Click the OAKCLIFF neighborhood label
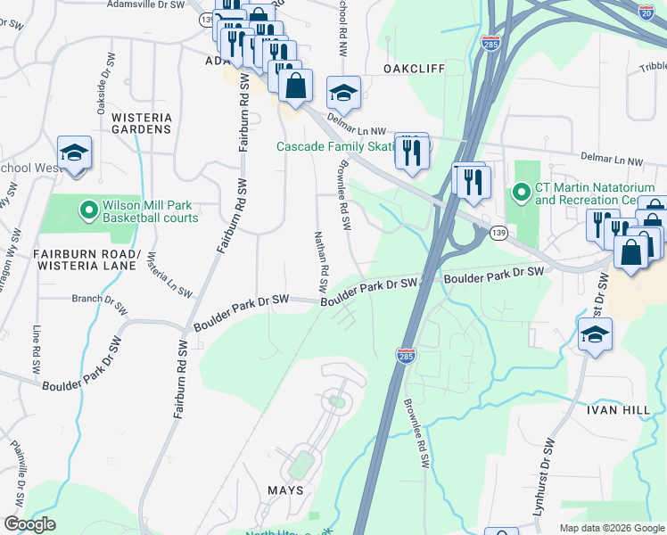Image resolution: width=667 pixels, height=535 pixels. point(414,69)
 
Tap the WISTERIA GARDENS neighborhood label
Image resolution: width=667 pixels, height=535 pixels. point(141,121)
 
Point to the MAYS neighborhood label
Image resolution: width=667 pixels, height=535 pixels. point(286,490)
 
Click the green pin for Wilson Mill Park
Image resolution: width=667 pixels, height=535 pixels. point(88,210)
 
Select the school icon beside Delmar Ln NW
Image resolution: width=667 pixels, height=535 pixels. point(343,92)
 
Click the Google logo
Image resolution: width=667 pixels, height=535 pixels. point(29,524)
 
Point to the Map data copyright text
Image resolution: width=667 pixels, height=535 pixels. point(611,528)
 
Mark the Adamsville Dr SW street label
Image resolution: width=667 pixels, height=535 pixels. point(144,4)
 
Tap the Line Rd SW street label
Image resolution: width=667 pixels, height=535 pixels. point(37,342)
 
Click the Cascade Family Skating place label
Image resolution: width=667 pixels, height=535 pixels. point(334,146)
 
